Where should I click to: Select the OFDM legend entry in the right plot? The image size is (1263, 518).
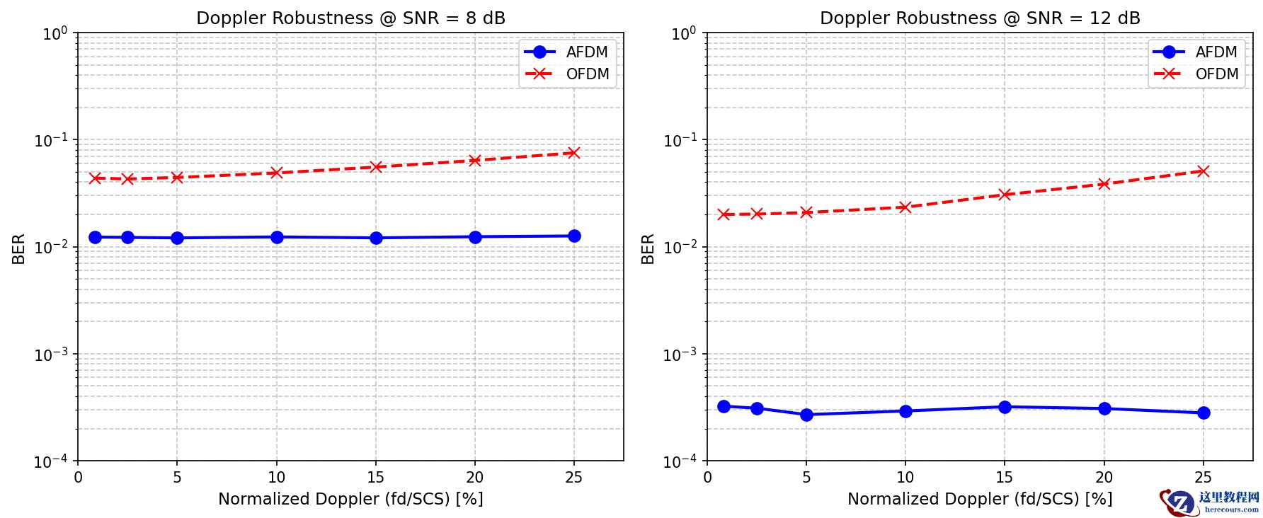pos(1216,74)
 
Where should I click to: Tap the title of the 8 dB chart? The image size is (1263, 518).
pos(350,18)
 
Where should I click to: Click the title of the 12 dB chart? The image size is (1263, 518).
pos(980,18)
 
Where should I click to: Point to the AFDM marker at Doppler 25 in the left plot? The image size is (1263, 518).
pos(574,236)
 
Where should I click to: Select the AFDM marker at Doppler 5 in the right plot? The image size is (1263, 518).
pos(806,415)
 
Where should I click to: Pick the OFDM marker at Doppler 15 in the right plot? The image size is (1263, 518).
pos(1005,195)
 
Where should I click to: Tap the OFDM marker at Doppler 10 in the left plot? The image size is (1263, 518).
pos(277,173)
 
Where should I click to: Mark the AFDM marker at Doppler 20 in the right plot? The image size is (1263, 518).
pos(1104,408)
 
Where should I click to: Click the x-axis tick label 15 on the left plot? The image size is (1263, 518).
pos(376,478)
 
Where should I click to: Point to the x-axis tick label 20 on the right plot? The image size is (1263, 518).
pos(1104,478)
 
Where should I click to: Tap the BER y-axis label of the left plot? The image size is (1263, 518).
pos(18,248)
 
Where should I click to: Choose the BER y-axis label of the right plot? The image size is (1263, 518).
pos(648,248)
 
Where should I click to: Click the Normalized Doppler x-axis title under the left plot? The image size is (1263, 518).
pos(350,499)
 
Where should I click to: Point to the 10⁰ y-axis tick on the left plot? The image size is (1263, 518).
pos(54,33)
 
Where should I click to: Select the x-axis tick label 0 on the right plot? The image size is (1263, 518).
pos(707,478)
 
